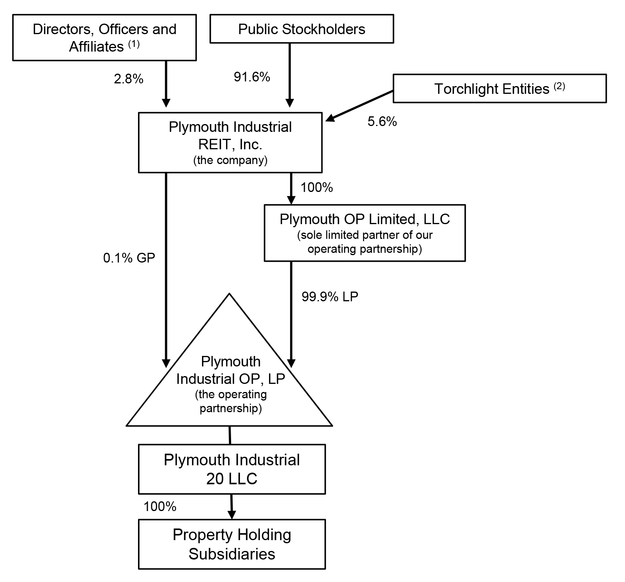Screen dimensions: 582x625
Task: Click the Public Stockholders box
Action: pyautogui.click(x=302, y=29)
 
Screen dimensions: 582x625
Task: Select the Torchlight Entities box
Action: pyautogui.click(x=499, y=89)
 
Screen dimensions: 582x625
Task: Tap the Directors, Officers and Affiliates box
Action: pyautogui.click(x=104, y=38)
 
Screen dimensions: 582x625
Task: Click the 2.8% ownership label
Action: pyautogui.click(x=128, y=79)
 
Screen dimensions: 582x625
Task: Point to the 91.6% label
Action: pyautogui.click(x=252, y=77)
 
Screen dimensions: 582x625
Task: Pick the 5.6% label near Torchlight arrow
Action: pyautogui.click(x=382, y=122)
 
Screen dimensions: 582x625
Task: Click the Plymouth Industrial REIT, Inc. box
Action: pyautogui.click(x=230, y=142)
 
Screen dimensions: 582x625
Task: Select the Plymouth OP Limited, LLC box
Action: pyautogui.click(x=364, y=233)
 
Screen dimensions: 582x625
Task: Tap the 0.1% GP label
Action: pyautogui.click(x=129, y=258)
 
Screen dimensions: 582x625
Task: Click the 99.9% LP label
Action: pyautogui.click(x=330, y=297)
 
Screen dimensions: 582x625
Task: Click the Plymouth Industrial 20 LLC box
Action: pyautogui.click(x=231, y=469)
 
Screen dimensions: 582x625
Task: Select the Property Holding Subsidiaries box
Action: pyautogui.click(x=231, y=544)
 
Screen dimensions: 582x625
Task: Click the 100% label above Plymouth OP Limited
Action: pyautogui.click(x=317, y=188)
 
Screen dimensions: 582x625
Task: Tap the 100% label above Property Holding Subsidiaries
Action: pyautogui.click(x=160, y=506)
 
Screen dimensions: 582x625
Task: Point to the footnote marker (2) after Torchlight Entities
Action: pyautogui.click(x=559, y=86)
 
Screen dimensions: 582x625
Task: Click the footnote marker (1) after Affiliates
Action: pyautogui.click(x=133, y=44)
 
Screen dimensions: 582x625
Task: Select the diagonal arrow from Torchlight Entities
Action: pyautogui.click(x=360, y=106)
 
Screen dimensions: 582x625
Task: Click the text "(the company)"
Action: pyautogui.click(x=230, y=160)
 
